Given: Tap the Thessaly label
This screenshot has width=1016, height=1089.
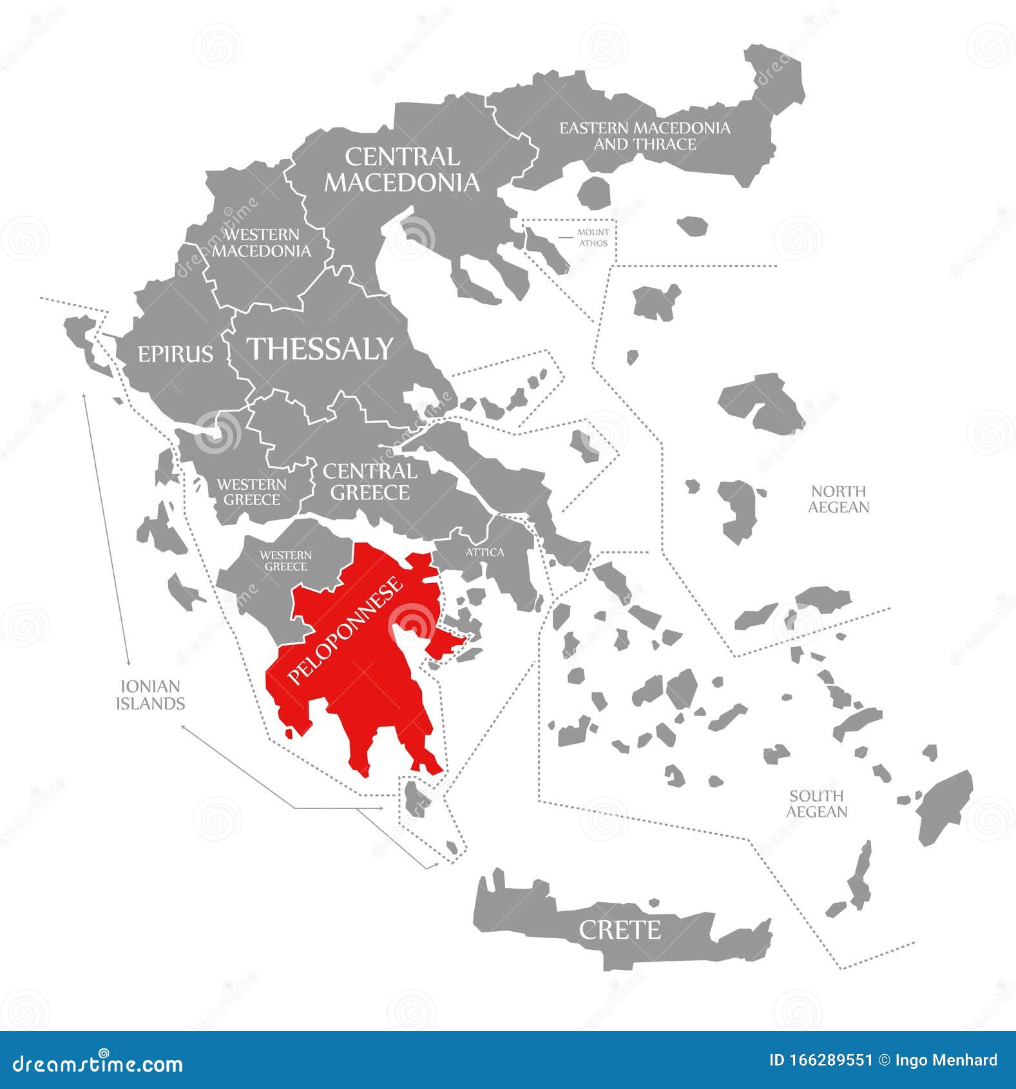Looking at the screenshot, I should point(320,349).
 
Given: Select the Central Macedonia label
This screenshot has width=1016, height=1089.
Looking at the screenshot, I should point(402,169).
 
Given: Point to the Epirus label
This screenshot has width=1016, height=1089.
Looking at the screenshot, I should point(175,354).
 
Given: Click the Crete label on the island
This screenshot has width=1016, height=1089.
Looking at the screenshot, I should point(619,930).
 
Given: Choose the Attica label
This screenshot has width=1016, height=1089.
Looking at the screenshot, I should point(484,552).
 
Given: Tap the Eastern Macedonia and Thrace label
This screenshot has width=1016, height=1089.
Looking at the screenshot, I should point(645,136).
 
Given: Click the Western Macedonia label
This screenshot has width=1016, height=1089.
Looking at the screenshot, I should point(262,242).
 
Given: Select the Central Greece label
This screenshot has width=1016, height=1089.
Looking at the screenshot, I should point(370,481).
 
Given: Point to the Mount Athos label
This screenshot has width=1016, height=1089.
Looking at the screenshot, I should point(593,238).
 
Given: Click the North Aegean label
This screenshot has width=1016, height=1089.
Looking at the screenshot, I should point(838,499).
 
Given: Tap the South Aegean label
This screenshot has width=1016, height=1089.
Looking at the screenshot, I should point(816,804).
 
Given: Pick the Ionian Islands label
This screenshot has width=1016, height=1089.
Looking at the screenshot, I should point(150,695).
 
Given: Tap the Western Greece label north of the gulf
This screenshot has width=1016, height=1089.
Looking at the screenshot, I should point(251,492).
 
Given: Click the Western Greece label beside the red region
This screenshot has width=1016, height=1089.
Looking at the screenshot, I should point(285,561).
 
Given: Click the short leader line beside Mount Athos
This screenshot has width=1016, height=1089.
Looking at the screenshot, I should point(566,237).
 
